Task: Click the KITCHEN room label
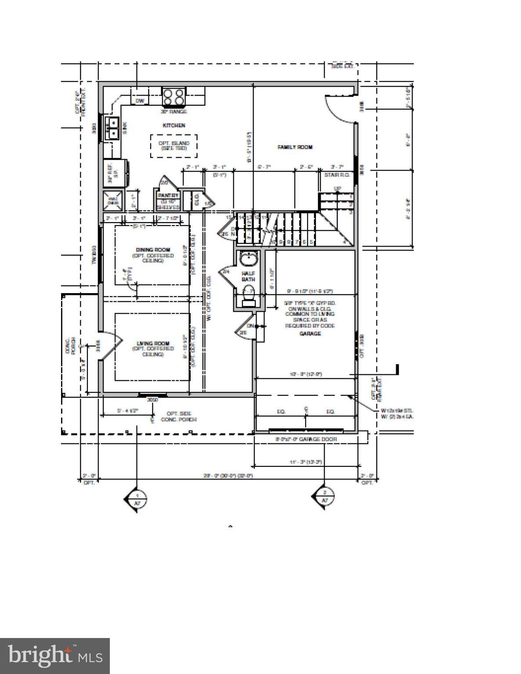pos(174,125)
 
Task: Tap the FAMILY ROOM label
pos(295,147)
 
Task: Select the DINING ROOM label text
pos(152,250)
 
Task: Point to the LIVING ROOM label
pos(152,344)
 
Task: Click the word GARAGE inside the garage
pos(310,333)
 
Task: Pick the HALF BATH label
pos(248,276)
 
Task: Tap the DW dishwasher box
pos(140,101)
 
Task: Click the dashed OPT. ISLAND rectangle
pos(174,146)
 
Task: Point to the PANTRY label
pos(168,196)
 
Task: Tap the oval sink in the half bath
pos(249,259)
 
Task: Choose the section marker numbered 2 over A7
pos(324,498)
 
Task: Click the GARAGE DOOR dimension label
pos(306,439)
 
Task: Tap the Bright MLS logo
pos(55,656)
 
